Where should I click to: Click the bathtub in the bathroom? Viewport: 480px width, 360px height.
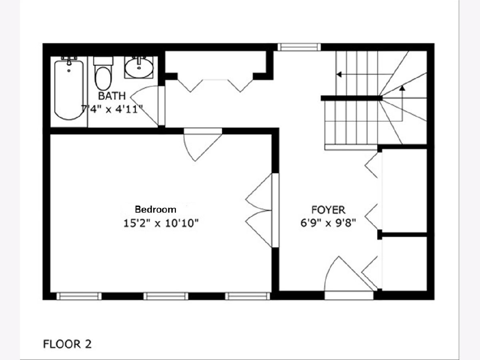click(69, 89)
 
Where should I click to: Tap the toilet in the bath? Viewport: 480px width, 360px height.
click(103, 74)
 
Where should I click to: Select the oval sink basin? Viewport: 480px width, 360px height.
click(139, 68)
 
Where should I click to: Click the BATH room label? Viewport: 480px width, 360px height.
click(112, 96)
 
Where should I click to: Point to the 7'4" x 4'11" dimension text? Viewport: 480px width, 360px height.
click(112, 109)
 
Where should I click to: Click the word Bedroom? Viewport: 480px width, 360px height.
click(156, 209)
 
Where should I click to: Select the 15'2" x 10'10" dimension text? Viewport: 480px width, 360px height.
click(161, 223)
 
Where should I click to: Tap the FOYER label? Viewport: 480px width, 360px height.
click(328, 210)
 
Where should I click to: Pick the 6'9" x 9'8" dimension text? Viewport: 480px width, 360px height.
click(328, 223)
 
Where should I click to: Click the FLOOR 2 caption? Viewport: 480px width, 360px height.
click(67, 344)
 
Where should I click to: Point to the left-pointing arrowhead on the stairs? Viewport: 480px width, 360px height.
click(339, 74)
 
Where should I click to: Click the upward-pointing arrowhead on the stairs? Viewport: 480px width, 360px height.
click(402, 88)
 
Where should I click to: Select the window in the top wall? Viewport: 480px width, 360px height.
click(299, 47)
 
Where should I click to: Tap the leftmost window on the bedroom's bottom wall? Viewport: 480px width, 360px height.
click(79, 296)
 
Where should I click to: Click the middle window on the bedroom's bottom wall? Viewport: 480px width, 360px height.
click(166, 296)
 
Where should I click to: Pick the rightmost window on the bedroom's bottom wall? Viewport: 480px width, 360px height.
click(248, 296)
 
